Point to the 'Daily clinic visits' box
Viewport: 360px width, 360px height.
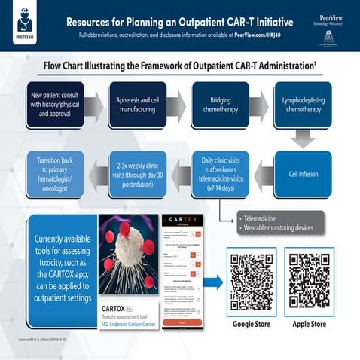(x=218, y=173)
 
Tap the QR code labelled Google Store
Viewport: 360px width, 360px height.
(x=252, y=283)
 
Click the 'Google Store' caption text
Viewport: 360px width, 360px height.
(x=252, y=325)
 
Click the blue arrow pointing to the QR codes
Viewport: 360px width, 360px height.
(x=214, y=283)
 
